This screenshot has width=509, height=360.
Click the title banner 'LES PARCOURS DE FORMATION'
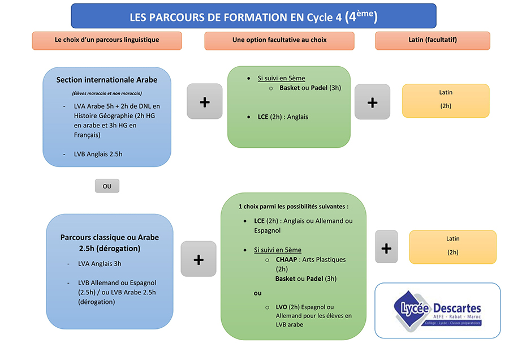[x=253, y=16]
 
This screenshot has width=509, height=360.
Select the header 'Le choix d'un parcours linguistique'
[x=107, y=40]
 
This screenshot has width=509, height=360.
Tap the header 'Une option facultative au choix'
[x=279, y=40]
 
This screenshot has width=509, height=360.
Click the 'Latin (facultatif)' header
[x=433, y=40]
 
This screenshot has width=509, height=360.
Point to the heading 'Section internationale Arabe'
[x=107, y=80]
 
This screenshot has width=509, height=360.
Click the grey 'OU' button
[x=107, y=186]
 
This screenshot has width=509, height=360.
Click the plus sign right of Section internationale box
[x=205, y=102]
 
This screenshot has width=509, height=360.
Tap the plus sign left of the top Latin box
[x=372, y=102]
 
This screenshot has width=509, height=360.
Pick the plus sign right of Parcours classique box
[x=199, y=259]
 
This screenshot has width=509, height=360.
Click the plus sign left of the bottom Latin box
[x=387, y=248]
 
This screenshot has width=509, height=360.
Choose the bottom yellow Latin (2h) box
[x=452, y=247]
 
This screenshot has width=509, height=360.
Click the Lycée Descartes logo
[x=437, y=310]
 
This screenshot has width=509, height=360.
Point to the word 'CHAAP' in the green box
[x=286, y=259]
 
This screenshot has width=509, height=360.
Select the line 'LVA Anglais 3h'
[x=100, y=263]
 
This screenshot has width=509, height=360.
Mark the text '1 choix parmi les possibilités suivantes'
[x=294, y=206]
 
